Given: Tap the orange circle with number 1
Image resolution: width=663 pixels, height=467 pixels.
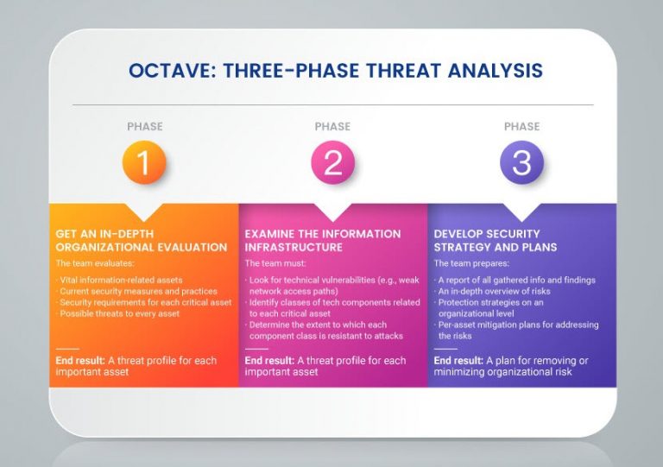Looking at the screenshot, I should (144, 162).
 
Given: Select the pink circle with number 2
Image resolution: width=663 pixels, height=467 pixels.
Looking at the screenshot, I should (332, 162).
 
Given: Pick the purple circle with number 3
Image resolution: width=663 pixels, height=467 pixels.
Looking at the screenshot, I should (521, 162).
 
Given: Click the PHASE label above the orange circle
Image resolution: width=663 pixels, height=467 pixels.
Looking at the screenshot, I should (144, 127).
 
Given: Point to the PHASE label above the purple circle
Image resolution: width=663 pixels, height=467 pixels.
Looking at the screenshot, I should (521, 127).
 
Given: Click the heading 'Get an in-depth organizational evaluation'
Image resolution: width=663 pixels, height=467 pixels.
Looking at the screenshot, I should (142, 240).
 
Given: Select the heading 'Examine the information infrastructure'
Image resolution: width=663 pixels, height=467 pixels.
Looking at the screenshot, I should (323, 240).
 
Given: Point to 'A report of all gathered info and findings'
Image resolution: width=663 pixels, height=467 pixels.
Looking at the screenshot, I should (516, 280).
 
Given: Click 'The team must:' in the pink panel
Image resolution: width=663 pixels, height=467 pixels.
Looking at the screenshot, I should (271, 262).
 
